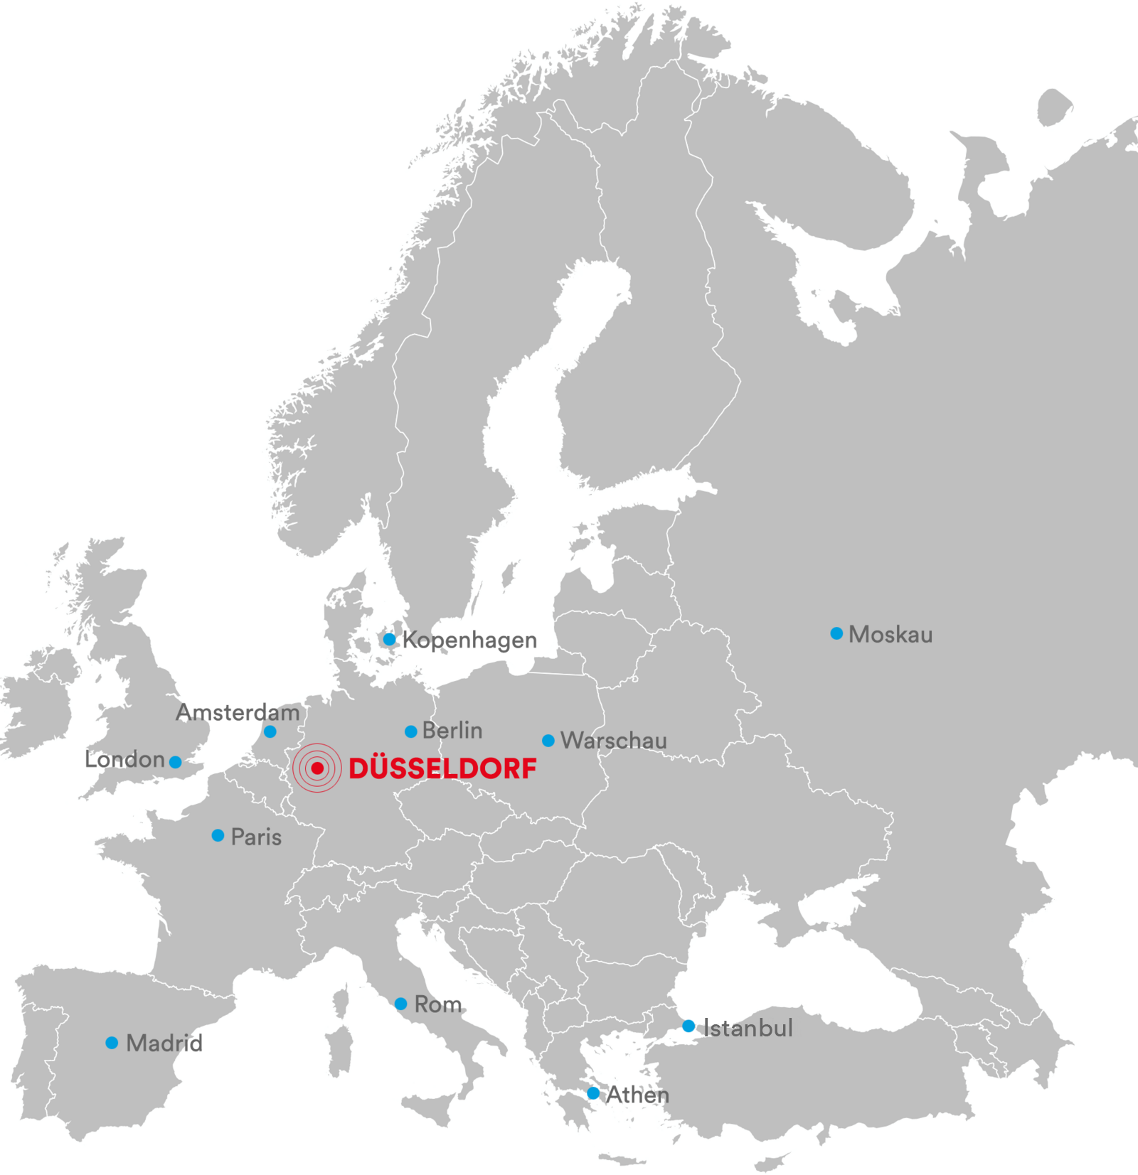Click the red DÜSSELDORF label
(x=442, y=768)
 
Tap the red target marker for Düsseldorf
(x=317, y=768)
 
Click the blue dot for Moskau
(x=836, y=633)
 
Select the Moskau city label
(x=890, y=634)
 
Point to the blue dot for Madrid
(x=112, y=1042)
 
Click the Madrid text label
(x=164, y=1043)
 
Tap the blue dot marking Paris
(x=218, y=835)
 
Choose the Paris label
(x=256, y=837)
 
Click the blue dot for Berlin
(x=410, y=731)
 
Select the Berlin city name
(x=452, y=730)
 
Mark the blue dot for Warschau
(x=548, y=741)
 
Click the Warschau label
(x=614, y=741)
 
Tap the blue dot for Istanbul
(x=688, y=1026)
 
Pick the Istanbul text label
(x=748, y=1028)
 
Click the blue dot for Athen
(x=593, y=1093)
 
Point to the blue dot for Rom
(x=400, y=1004)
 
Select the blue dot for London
(x=176, y=762)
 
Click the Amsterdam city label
(x=238, y=712)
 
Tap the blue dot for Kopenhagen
(x=389, y=639)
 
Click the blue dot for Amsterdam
(x=270, y=731)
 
